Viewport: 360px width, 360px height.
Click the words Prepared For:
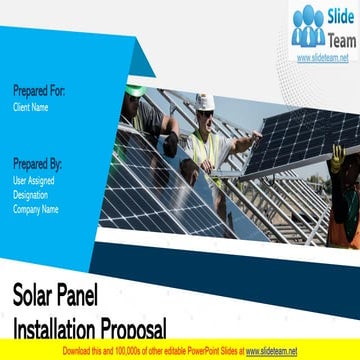39,91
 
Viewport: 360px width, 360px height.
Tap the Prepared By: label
39,162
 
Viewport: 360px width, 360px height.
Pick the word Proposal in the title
130,326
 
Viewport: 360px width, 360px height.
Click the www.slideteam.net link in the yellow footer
272,352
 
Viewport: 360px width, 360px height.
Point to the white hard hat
205,102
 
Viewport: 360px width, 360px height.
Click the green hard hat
135,88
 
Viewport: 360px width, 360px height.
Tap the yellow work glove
338,155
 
